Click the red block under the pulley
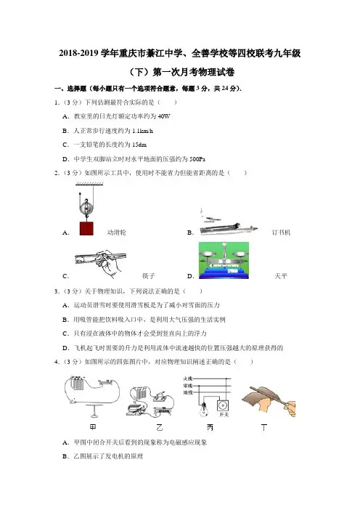[x=86, y=228]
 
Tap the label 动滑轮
[x=116, y=232]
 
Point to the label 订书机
[x=281, y=232]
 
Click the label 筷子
[x=148, y=276]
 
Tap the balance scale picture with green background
[x=224, y=260]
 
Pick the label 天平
[x=281, y=276]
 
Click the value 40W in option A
[x=164, y=116]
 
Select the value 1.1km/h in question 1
[x=142, y=131]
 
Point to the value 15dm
[x=139, y=145]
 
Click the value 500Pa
[x=197, y=159]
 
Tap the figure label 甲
[x=93, y=426]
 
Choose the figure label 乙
[x=159, y=427]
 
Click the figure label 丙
[x=210, y=427]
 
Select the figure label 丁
[x=264, y=427]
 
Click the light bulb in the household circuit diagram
[x=204, y=408]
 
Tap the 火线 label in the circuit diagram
[x=188, y=379]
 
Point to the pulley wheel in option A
[x=86, y=207]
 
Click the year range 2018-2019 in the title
[x=78, y=53]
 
